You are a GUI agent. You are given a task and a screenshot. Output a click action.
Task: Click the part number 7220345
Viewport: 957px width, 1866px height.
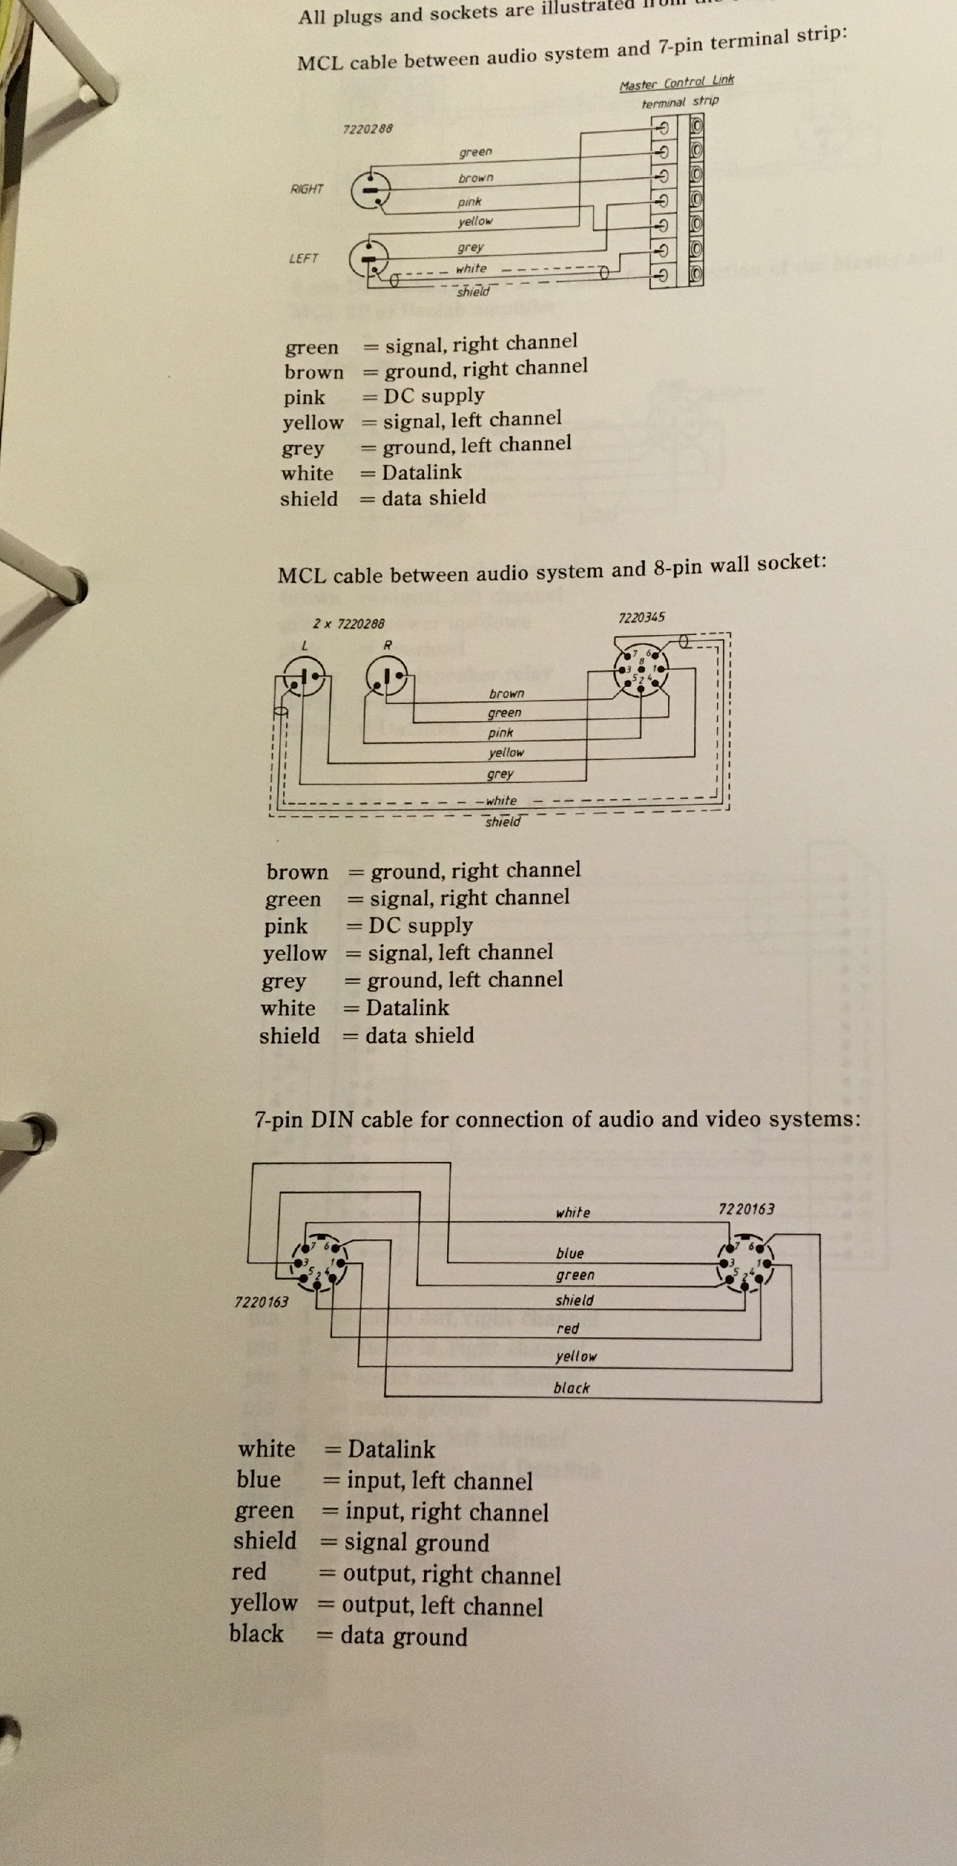pyautogui.click(x=641, y=617)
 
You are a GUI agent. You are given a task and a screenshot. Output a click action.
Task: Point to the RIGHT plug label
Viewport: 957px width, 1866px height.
pyautogui.click(x=307, y=189)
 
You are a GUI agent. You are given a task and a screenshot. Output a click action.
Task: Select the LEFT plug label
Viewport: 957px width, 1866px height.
pyautogui.click(x=303, y=259)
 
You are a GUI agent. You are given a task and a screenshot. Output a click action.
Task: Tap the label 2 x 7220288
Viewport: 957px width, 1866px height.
pyautogui.click(x=349, y=624)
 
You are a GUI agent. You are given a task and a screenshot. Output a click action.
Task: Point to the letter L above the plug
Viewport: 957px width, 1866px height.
pyautogui.click(x=304, y=645)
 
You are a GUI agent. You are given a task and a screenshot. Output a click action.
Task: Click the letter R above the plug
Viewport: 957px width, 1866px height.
pyautogui.click(x=388, y=645)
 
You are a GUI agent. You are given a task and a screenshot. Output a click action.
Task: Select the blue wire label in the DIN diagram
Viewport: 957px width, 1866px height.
pyautogui.click(x=569, y=1253)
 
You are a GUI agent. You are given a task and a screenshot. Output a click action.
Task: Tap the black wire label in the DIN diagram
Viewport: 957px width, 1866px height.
pyautogui.click(x=571, y=1388)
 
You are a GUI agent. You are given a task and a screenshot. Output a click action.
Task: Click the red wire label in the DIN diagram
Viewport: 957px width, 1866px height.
pyautogui.click(x=567, y=1329)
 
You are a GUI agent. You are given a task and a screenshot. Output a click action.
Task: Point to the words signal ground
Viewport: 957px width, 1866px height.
pyautogui.click(x=417, y=1543)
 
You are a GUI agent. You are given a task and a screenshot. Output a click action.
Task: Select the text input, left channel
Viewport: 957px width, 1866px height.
pyautogui.click(x=439, y=1481)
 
